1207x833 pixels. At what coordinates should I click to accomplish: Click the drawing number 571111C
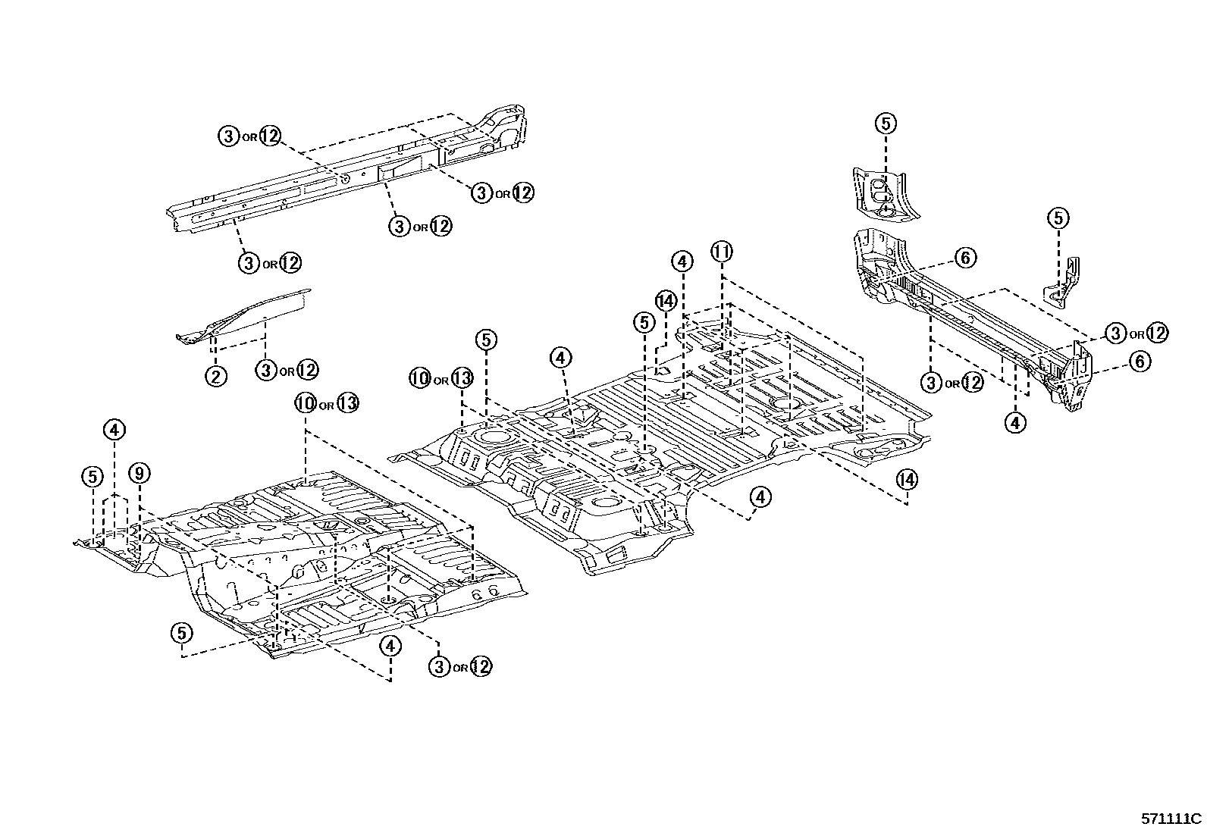(x=1171, y=819)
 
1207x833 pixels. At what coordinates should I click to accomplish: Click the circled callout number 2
(x=215, y=375)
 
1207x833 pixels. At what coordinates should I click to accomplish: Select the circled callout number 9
(x=139, y=474)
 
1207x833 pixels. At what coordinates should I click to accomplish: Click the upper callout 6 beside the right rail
(x=964, y=258)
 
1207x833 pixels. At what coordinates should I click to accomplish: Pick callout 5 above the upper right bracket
(x=886, y=123)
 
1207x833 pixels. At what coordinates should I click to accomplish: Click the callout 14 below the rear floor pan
(x=906, y=479)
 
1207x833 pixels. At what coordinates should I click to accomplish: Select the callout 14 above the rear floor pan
(x=666, y=300)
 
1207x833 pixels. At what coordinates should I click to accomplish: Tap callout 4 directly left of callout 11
(x=682, y=261)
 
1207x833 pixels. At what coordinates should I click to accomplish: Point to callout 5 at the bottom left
(x=181, y=632)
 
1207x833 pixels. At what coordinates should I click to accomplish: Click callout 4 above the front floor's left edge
(x=114, y=431)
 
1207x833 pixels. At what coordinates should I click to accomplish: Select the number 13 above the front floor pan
(x=346, y=403)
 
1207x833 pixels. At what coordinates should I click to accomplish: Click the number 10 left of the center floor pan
(x=419, y=377)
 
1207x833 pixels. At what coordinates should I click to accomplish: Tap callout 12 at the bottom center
(x=481, y=666)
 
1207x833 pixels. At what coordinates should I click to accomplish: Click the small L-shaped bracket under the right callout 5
(x=1064, y=284)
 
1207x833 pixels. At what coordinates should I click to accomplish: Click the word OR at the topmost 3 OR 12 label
(x=249, y=138)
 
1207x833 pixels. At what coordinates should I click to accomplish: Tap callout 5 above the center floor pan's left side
(x=487, y=340)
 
